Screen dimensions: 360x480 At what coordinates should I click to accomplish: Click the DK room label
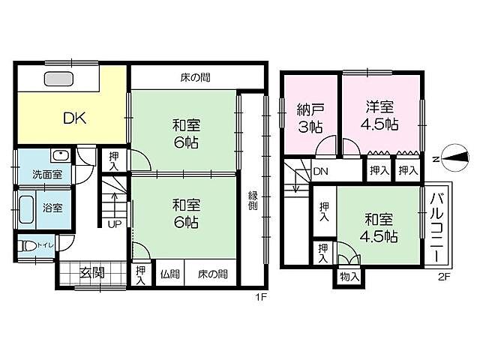[x=73, y=117]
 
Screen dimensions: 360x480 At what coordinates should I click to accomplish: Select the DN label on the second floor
[x=320, y=172]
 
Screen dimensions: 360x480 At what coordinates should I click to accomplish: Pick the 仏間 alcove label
[x=169, y=274]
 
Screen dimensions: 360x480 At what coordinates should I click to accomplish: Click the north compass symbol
[x=453, y=157]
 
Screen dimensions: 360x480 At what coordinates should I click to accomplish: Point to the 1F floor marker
[x=260, y=296]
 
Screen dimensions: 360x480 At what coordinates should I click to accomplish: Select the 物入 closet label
[x=349, y=277]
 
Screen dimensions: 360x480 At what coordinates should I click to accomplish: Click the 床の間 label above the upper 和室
[x=194, y=77]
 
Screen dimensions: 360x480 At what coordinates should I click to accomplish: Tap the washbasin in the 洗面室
[x=60, y=155]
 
